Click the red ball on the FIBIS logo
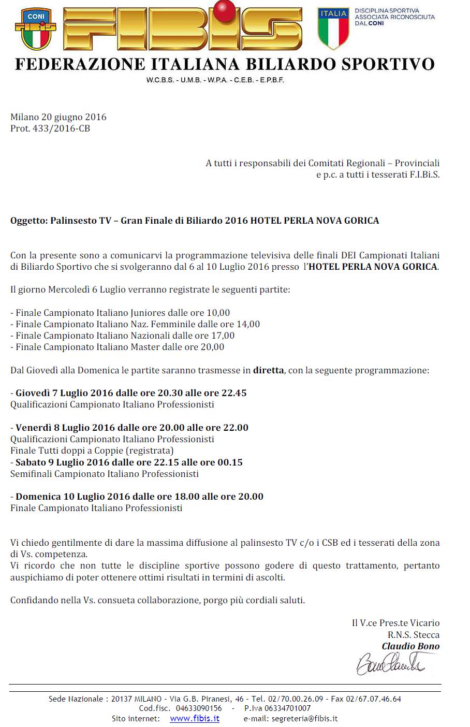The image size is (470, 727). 225,11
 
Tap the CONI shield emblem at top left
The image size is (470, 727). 36,29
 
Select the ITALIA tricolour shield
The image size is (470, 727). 333,28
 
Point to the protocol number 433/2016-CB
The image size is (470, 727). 62,128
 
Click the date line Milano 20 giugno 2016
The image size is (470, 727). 58,117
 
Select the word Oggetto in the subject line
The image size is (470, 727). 28,221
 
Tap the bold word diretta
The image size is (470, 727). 268,370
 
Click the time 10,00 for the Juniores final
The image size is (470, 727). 218,313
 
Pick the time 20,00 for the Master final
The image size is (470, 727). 212,347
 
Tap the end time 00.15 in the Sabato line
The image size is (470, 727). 230,462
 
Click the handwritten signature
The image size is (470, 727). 391,663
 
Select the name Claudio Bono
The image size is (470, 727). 410,646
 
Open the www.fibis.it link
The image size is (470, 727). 195,719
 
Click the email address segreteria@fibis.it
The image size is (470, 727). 304,719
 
